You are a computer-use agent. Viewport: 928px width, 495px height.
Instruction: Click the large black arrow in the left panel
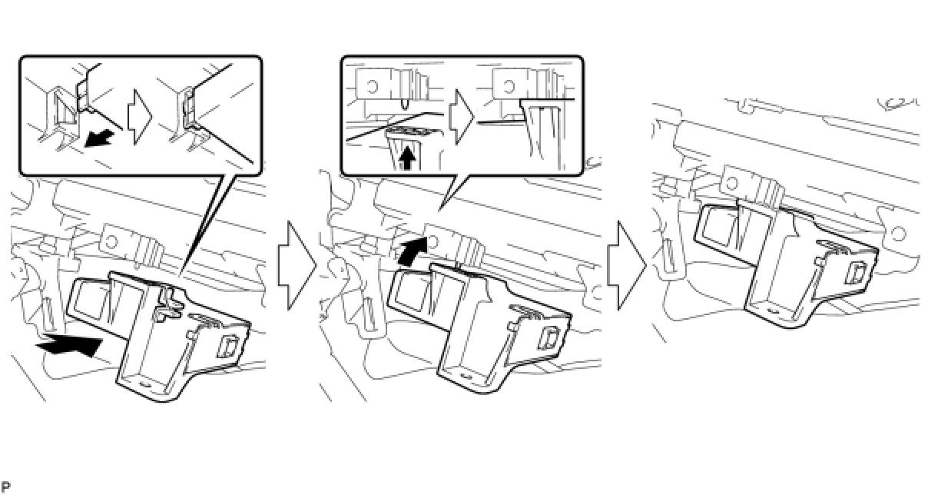pyautogui.click(x=71, y=344)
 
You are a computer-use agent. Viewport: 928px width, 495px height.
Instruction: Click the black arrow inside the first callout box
pyautogui.click(x=99, y=138)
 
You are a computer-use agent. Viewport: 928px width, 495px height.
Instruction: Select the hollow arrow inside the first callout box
pyautogui.click(x=140, y=117)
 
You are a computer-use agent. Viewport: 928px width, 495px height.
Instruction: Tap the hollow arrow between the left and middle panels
pyautogui.click(x=297, y=265)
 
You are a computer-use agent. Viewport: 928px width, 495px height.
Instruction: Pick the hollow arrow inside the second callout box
pyautogui.click(x=461, y=117)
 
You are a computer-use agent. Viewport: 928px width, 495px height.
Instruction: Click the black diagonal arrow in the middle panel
pyautogui.click(x=413, y=251)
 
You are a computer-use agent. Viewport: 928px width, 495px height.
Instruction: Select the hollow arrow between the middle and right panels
pyautogui.click(x=626, y=265)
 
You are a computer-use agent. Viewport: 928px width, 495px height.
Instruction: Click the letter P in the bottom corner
pyautogui.click(x=6, y=487)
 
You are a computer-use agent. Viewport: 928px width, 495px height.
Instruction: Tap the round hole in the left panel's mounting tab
pyautogui.click(x=112, y=241)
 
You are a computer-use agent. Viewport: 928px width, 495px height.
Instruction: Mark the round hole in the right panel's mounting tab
pyautogui.click(x=732, y=183)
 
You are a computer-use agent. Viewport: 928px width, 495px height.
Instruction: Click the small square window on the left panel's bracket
pyautogui.click(x=227, y=346)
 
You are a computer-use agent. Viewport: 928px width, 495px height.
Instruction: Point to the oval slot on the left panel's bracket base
pyautogui.click(x=145, y=384)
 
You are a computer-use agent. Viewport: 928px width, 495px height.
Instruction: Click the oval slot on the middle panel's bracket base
pyautogui.click(x=466, y=376)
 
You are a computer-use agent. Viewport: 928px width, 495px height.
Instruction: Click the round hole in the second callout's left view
pyautogui.click(x=372, y=86)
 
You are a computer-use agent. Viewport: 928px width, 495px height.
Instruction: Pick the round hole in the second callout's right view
pyautogui.click(x=509, y=86)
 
